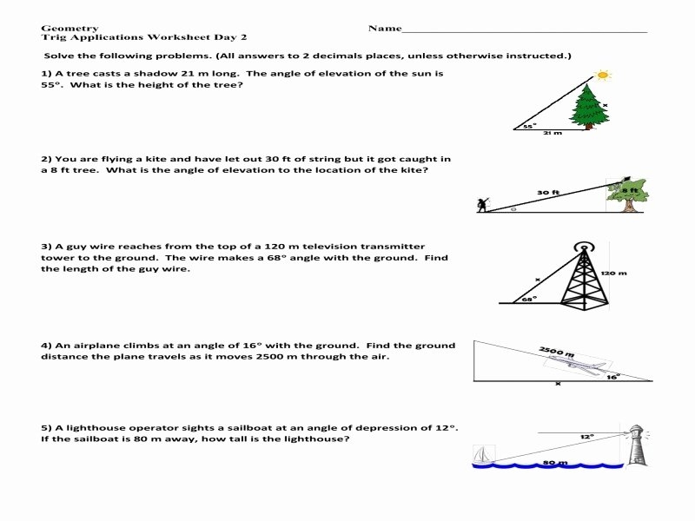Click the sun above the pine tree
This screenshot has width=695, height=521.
coord(603,76)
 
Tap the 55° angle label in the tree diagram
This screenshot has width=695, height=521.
coord(529,126)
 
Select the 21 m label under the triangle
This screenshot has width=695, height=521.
coord(552,134)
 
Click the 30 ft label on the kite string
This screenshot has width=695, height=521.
coord(547,192)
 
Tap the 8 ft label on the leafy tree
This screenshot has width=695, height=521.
coord(631,189)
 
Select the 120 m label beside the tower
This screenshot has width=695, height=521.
coord(613,273)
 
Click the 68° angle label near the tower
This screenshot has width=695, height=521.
coord(526,298)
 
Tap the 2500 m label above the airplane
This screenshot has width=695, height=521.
coord(556,352)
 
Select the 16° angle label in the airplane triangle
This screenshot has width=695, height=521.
coord(613,377)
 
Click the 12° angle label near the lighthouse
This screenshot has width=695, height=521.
coord(588,436)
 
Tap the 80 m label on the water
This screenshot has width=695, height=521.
coord(554,463)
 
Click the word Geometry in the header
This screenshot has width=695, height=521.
coord(69,28)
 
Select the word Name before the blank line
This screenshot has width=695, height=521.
coord(384,28)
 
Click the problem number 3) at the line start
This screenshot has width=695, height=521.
coord(46,247)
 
